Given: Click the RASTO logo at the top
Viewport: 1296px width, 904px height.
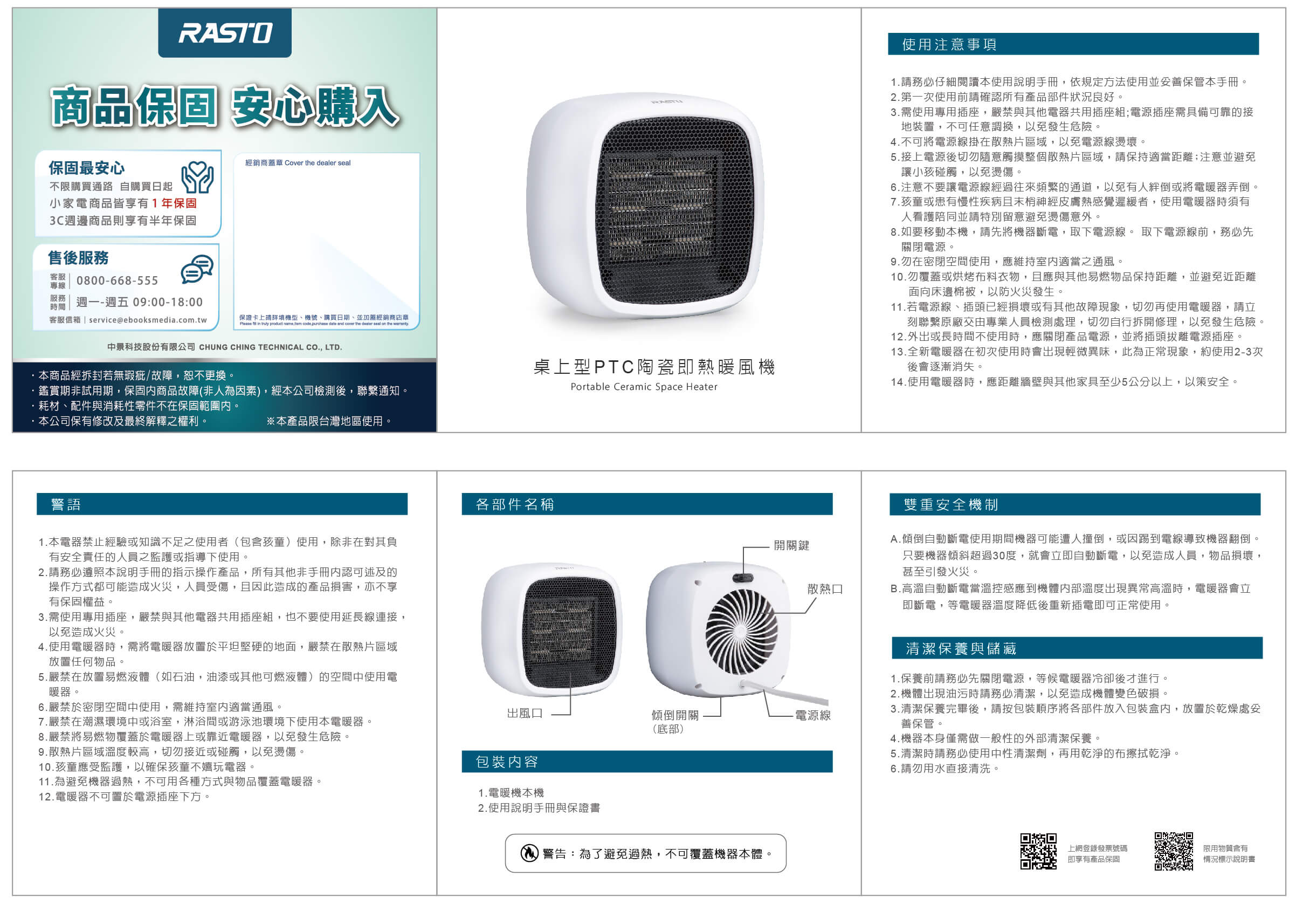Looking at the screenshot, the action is [225, 33].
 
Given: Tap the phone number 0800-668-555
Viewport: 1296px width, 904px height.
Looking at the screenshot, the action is [118, 280].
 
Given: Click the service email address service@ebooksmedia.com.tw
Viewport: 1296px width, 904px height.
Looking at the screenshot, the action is [148, 320].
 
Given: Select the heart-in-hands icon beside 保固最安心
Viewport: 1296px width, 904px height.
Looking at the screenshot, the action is [197, 177].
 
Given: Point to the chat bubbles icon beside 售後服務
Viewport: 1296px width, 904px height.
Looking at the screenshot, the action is [197, 269].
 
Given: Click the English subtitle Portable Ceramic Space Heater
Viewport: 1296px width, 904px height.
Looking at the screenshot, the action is [644, 387].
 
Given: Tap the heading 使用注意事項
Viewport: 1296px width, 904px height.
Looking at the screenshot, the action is [949, 45].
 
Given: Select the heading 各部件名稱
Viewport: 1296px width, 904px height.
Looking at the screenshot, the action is [515, 504].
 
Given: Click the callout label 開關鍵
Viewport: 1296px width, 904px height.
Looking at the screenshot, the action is [791, 545].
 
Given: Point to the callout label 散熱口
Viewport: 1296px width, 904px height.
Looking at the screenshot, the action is [825, 589].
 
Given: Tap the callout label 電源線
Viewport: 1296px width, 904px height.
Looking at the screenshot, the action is [813, 715].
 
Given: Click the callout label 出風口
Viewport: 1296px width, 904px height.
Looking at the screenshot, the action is [525, 713].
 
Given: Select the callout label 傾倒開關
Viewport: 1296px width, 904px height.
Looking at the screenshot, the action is [675, 715].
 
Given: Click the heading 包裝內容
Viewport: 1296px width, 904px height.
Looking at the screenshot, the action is [507, 762].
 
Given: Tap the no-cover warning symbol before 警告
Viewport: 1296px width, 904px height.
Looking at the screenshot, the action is [529, 853].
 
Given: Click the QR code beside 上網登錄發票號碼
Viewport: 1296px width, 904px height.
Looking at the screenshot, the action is [1038, 851].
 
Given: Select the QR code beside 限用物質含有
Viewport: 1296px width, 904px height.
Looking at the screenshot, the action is [1174, 851].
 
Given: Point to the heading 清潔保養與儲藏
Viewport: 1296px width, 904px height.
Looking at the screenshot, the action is [961, 649].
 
